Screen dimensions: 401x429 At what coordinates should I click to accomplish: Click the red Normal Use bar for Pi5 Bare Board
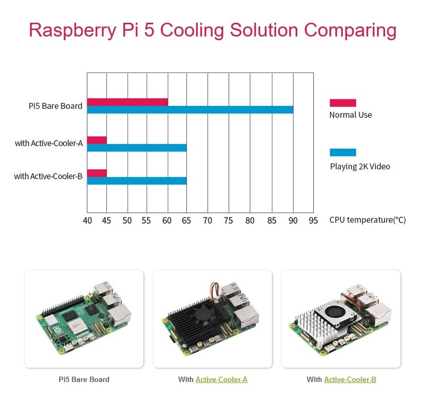click(127, 102)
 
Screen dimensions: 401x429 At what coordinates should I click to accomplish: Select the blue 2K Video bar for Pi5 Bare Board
click(190, 110)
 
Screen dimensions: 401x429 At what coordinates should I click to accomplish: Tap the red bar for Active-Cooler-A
click(97, 140)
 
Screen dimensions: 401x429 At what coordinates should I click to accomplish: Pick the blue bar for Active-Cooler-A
click(136, 148)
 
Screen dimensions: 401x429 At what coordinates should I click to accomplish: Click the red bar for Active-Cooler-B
click(97, 173)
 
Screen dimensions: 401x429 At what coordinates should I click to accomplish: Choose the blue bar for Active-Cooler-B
click(136, 181)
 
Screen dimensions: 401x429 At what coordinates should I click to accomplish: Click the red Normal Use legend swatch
click(343, 103)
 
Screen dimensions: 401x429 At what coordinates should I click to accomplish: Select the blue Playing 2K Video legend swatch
click(343, 152)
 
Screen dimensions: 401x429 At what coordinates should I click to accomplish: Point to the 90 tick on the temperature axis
click(293, 220)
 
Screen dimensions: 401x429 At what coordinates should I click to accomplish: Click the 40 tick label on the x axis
click(87, 220)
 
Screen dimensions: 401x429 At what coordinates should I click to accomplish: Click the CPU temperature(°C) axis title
click(367, 220)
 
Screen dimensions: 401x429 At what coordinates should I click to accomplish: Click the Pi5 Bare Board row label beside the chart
click(56, 106)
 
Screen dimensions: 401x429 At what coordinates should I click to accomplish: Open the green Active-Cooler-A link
click(222, 379)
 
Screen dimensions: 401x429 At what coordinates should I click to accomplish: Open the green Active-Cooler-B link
click(350, 379)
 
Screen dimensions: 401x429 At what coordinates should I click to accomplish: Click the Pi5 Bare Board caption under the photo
click(84, 379)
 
